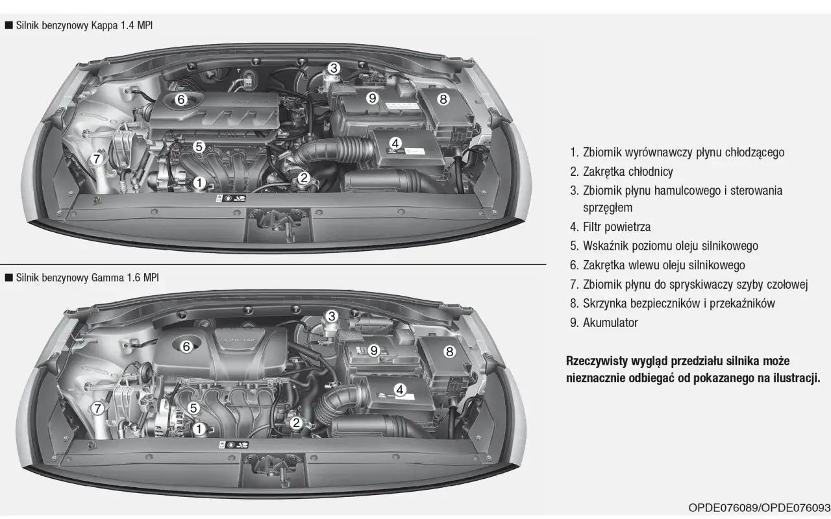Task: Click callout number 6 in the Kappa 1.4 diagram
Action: [180, 99]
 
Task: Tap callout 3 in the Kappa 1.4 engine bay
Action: [334, 68]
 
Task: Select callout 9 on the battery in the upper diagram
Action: [372, 98]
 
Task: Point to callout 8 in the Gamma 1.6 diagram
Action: [449, 352]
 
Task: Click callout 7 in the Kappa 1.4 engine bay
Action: [97, 159]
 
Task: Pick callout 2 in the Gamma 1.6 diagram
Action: [295, 422]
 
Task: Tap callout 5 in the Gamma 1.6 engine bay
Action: [193, 408]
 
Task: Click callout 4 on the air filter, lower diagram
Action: [399, 390]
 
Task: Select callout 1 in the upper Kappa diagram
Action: [199, 182]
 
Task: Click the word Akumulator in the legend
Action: [610, 322]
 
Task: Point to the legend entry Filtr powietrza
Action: [617, 226]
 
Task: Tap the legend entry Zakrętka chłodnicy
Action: [628, 171]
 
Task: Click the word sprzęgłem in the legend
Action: [608, 208]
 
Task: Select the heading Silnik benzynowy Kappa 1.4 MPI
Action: [84, 25]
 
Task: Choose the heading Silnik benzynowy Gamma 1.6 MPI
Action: [87, 278]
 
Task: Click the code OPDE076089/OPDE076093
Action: [759, 507]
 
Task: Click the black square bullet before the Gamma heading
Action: [9, 278]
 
